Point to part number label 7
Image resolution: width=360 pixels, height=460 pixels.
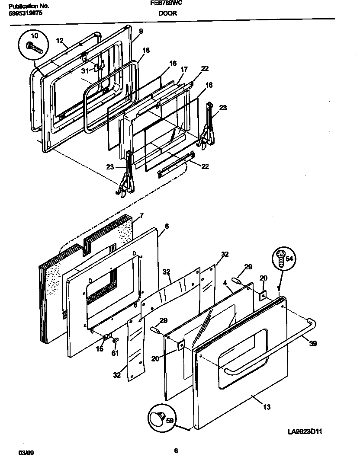[141, 216]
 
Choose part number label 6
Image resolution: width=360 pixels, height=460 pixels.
[167, 226]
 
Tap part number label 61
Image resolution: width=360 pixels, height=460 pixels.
[115, 354]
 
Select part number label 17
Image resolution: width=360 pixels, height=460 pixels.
[184, 69]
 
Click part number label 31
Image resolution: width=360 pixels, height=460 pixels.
[85, 71]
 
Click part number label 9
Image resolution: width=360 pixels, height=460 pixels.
[141, 31]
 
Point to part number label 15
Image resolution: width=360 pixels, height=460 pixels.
[100, 349]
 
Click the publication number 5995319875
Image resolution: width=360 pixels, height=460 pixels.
[26, 13]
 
